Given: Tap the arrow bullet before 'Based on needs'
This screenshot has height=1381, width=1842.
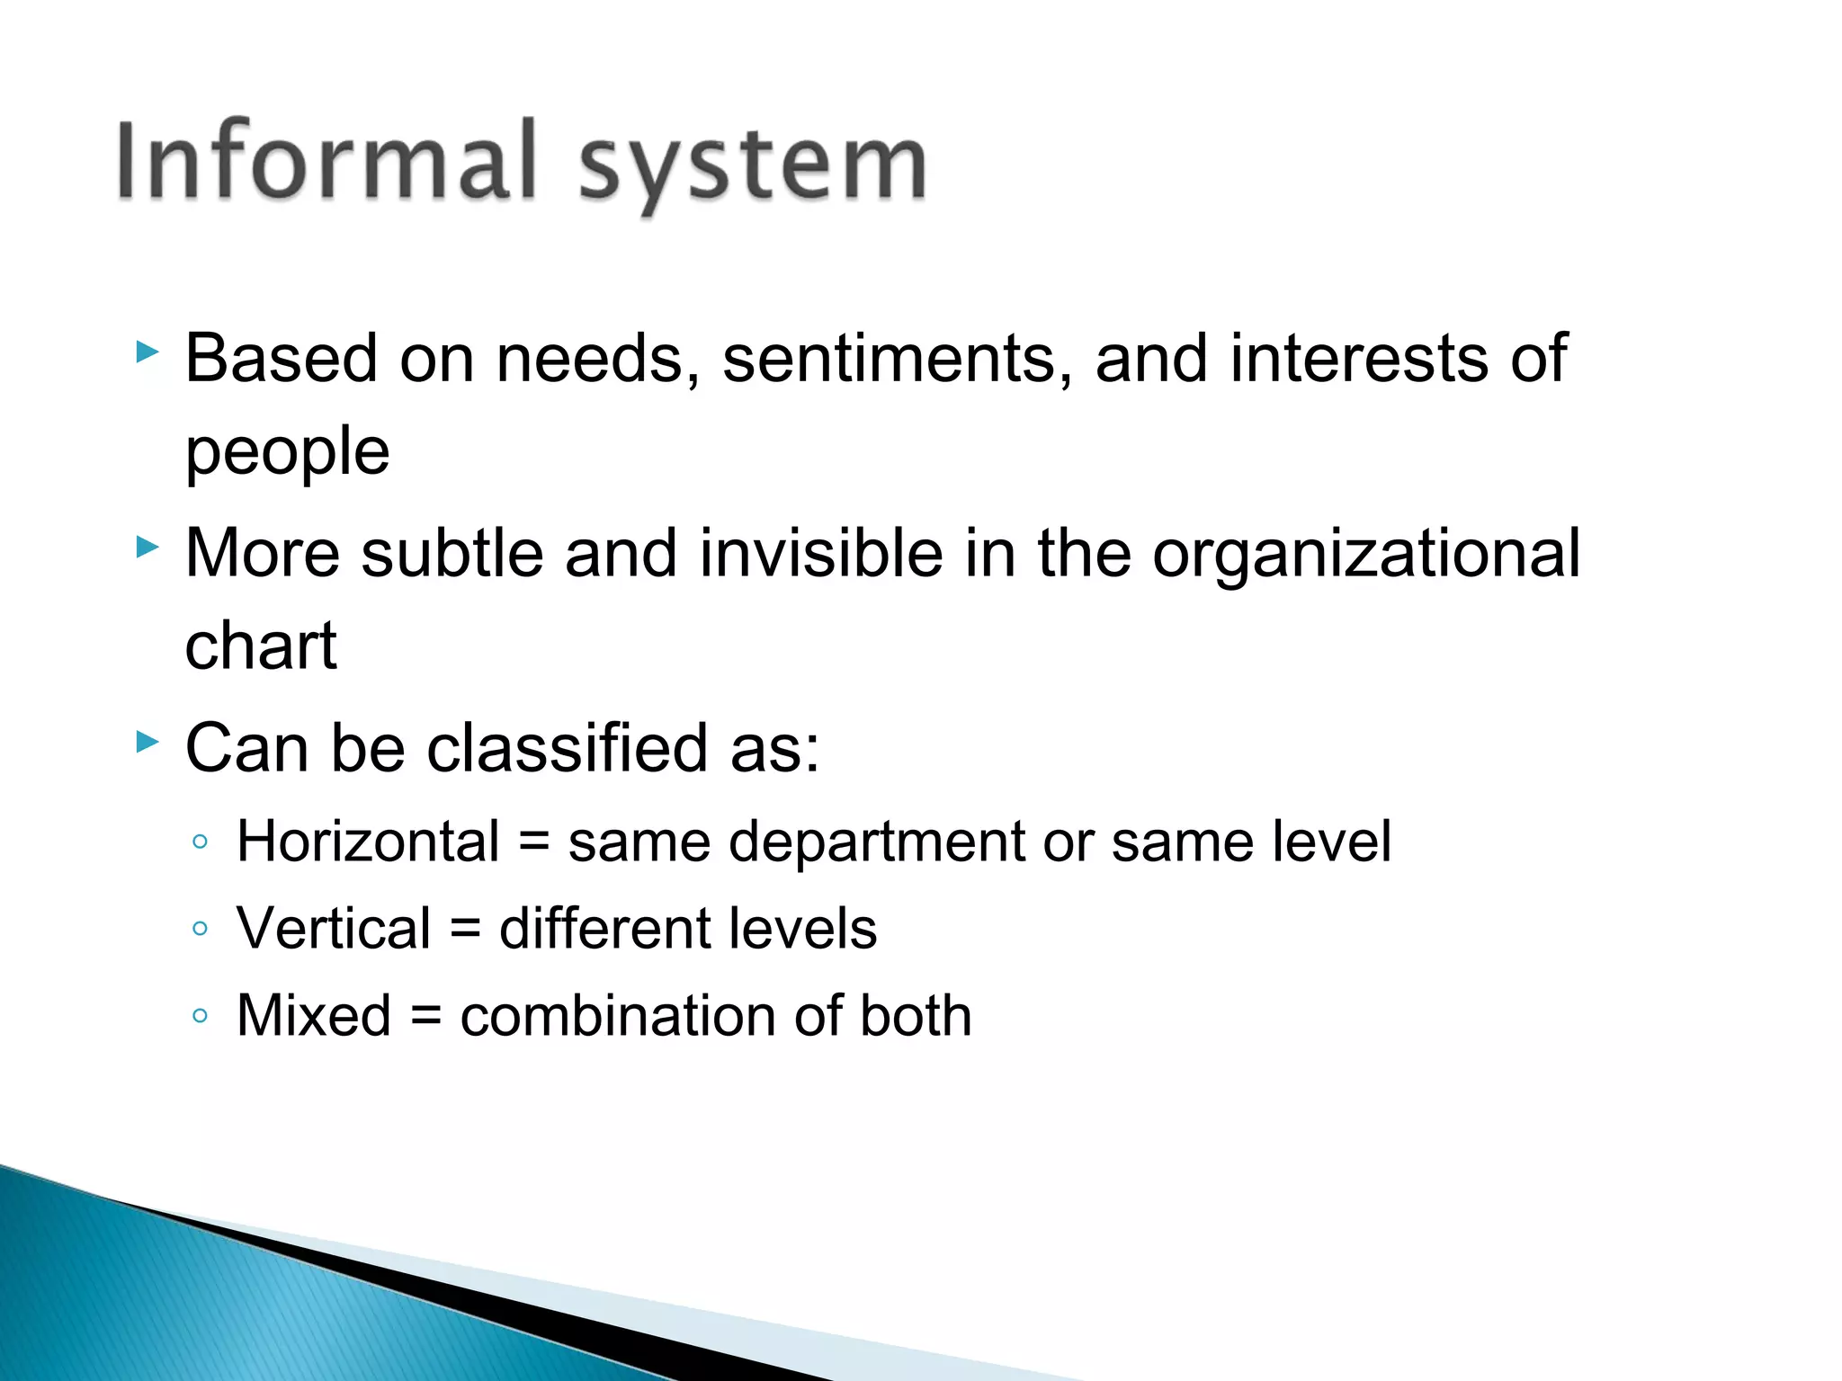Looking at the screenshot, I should pos(148,352).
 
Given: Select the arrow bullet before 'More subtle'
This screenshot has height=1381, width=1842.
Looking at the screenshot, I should pos(148,547).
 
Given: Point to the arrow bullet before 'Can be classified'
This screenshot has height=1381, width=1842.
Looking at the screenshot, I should pos(148,742).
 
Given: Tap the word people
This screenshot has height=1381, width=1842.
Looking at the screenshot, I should pos(287,451).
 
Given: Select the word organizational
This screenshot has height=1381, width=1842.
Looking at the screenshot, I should pos(1365,554).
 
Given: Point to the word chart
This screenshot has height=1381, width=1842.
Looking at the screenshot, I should pos(261,646).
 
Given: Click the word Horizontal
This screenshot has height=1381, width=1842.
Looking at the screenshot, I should pos(368,842).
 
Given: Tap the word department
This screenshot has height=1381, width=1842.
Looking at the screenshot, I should pos(877,842).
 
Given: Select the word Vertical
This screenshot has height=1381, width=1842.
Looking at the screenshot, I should pos(334,929).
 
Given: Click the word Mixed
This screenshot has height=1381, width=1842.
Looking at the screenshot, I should pos(314,1016).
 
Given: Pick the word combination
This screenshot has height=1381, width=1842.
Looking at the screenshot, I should pos(617,1016).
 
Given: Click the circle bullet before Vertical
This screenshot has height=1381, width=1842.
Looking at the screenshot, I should pos(201,929).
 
